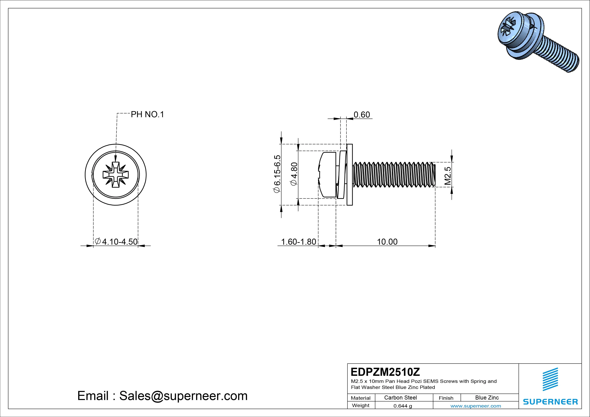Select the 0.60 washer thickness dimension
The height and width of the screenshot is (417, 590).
pos(362,115)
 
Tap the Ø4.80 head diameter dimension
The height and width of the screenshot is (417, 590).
pos(294,174)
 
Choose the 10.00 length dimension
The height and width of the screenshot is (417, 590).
pos(387,242)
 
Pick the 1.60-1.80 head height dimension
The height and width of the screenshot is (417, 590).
pos(299,242)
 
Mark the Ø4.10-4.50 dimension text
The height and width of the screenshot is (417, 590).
pos(116,241)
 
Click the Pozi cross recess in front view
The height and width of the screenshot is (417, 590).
pos(116,175)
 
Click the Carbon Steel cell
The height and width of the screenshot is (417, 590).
pos(400,398)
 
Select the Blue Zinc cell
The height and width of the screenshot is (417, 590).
pos(487,398)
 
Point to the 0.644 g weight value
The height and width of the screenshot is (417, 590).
pos(402,406)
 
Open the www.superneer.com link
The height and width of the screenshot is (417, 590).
pos(476,406)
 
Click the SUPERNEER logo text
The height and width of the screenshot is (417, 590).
pos(550,402)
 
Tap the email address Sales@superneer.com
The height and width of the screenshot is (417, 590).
pos(183,396)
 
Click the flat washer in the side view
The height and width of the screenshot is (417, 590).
pos(349,175)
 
